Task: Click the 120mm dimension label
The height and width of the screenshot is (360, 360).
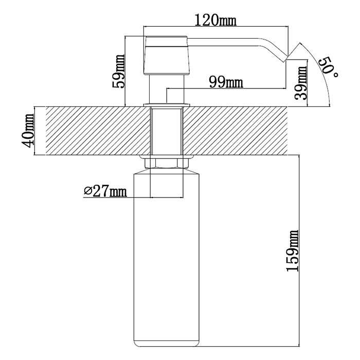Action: pos(215,20)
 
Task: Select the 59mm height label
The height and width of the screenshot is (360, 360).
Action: pos(118,71)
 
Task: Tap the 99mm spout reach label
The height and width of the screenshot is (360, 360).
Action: pos(226,82)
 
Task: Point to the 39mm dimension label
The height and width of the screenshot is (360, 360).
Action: pos(301,83)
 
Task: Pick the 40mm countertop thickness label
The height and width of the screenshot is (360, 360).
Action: pos(28,131)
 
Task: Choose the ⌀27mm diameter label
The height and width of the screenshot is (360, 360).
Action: pos(105,191)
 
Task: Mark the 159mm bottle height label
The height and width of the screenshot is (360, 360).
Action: pos(293,250)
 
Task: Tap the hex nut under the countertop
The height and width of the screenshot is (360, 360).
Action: pos(167,163)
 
